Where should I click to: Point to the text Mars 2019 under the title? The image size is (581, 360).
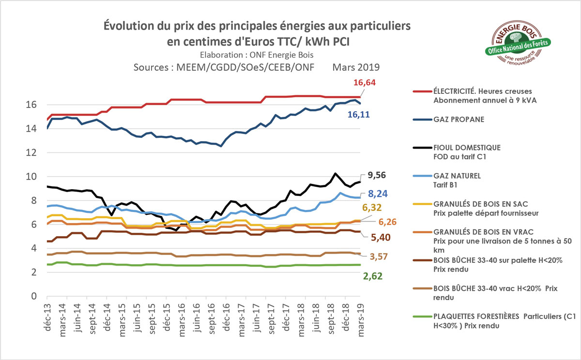356,67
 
